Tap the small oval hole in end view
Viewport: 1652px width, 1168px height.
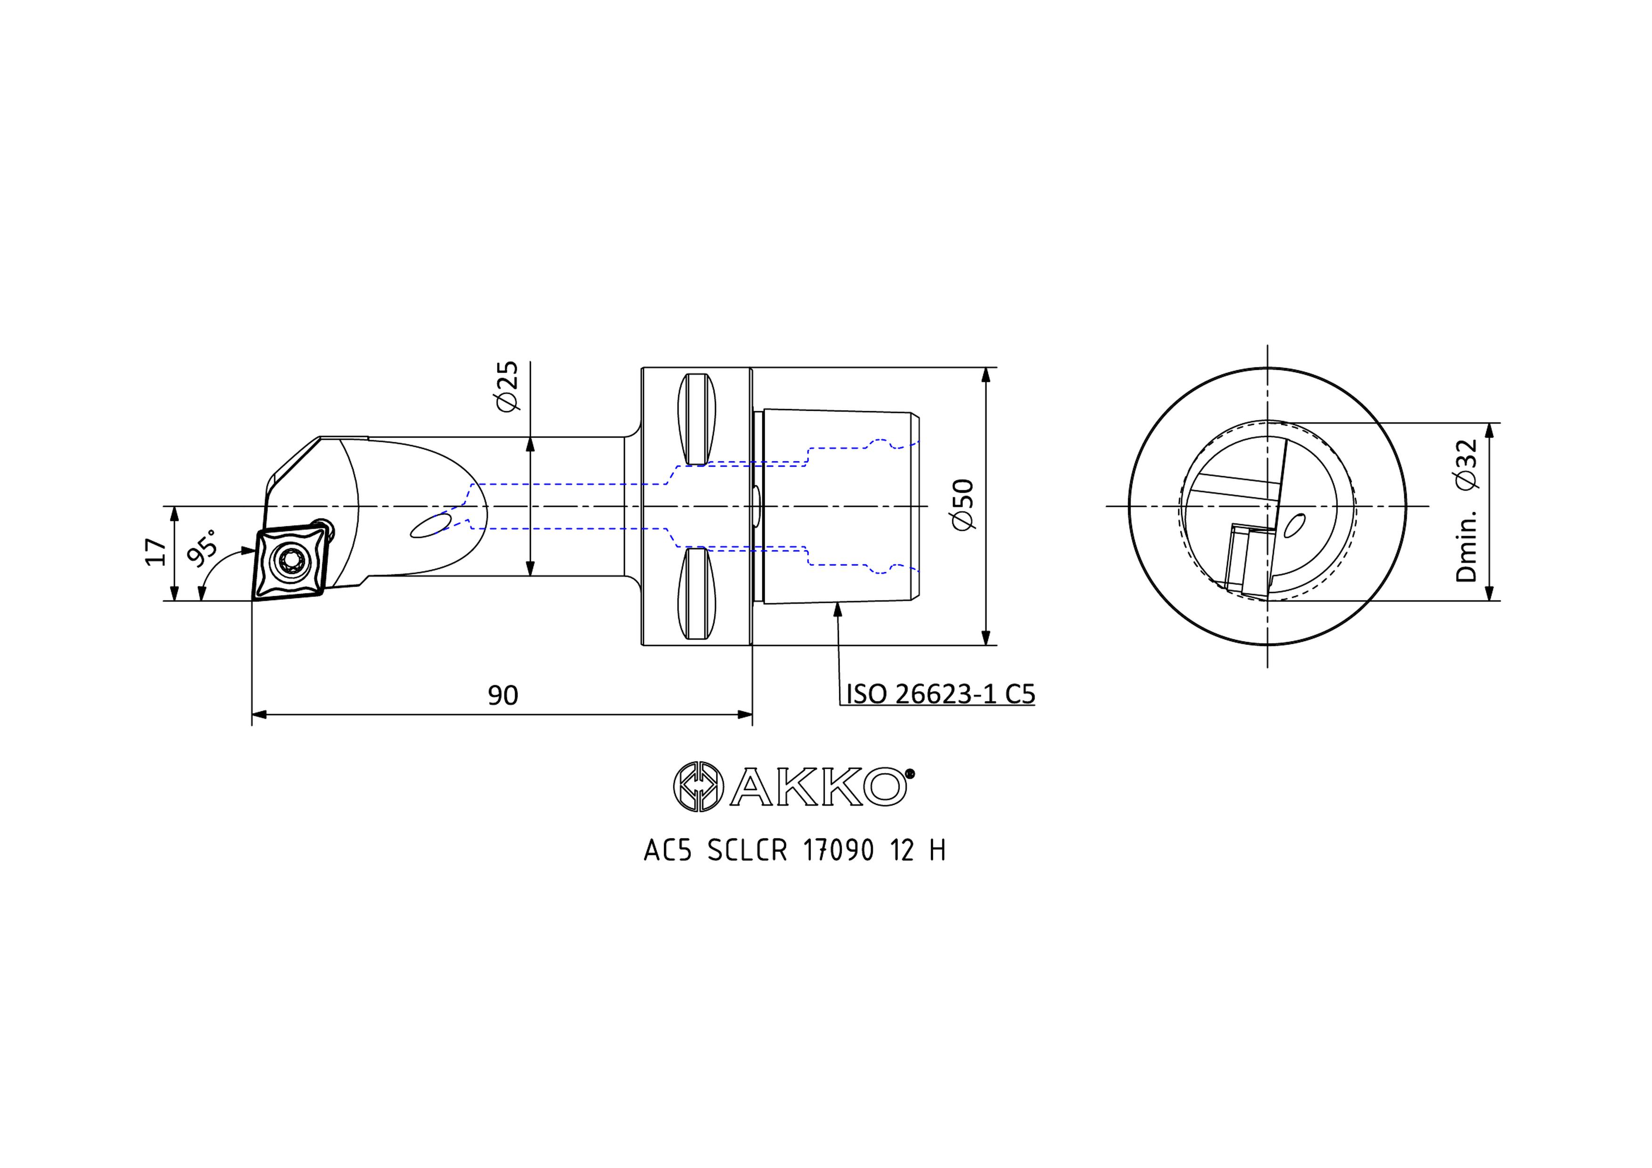1294,525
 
